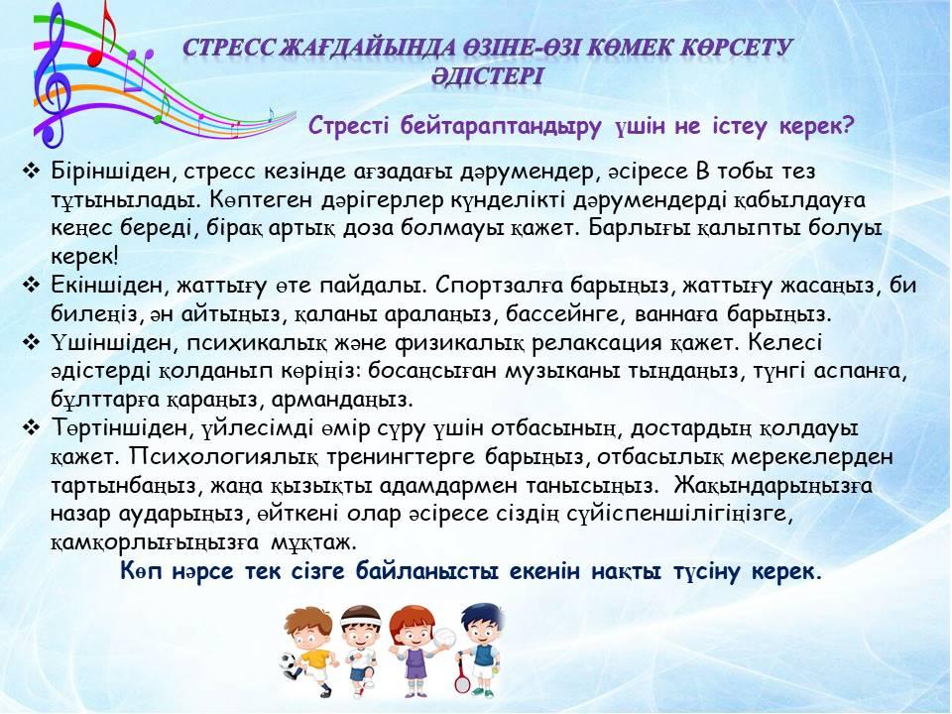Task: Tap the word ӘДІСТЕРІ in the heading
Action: pyautogui.click(x=488, y=77)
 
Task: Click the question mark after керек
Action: pyautogui.click(x=847, y=126)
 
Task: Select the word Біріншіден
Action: pyautogui.click(x=113, y=172)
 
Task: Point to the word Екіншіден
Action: pyautogui.click(x=109, y=286)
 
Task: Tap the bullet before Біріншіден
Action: pyautogui.click(x=31, y=172)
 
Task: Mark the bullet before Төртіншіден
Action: pyautogui.click(x=31, y=428)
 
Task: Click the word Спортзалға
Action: pyautogui.click(x=496, y=286)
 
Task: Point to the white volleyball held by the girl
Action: pyautogui.click(x=443, y=638)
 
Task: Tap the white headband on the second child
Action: pyautogui.click(x=361, y=620)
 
